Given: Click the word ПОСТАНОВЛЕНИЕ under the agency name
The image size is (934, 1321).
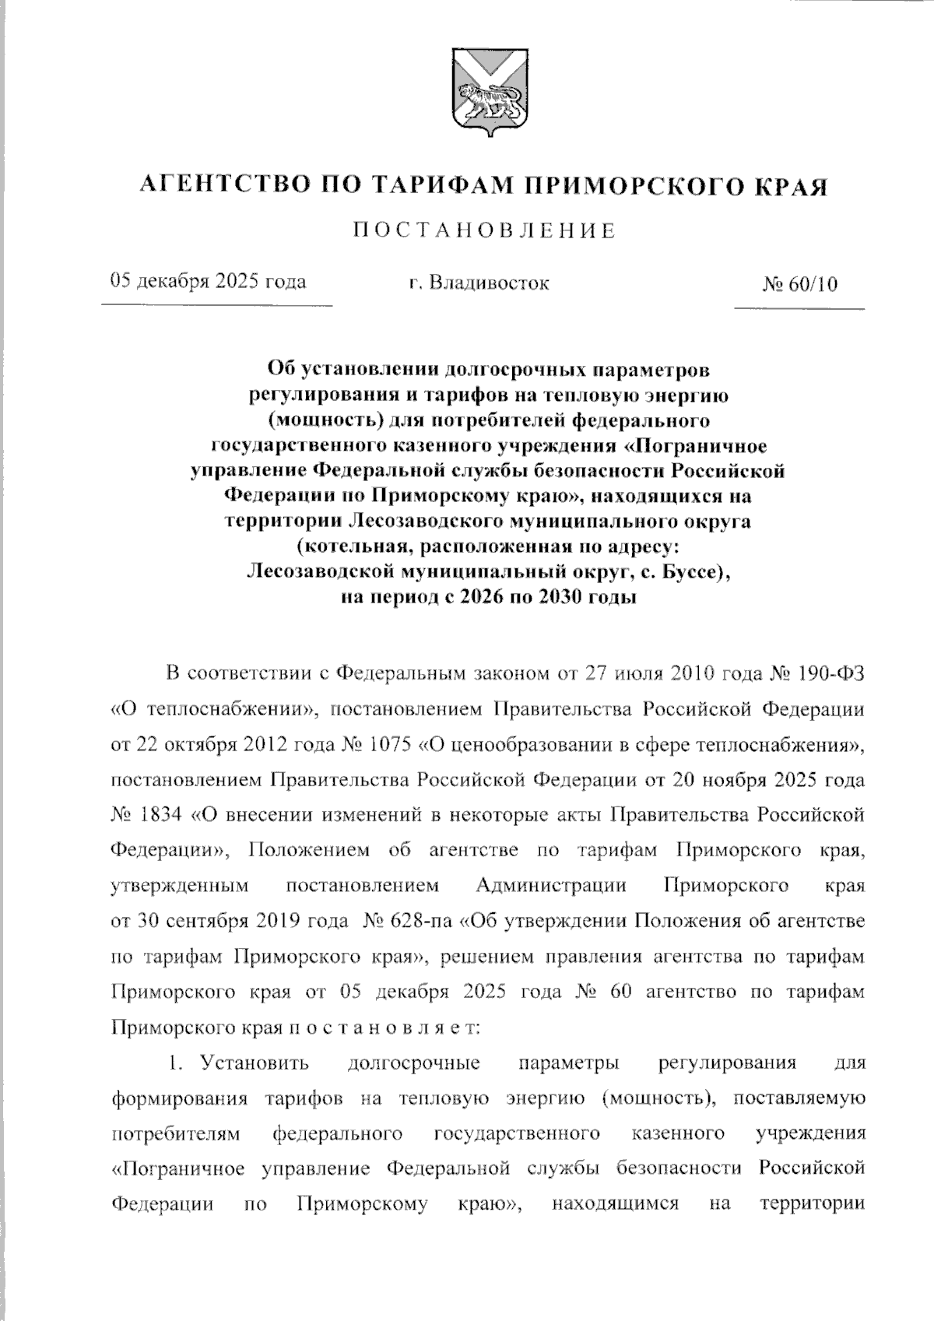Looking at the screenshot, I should [483, 230].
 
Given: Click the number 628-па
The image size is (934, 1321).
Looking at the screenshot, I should [418, 921].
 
